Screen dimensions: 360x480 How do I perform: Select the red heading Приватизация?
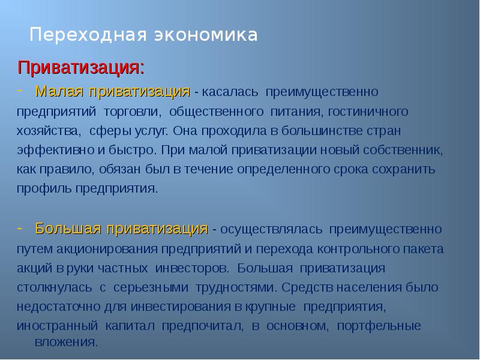coord(80,67)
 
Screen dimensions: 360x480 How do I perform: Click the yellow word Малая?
coord(60,91)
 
